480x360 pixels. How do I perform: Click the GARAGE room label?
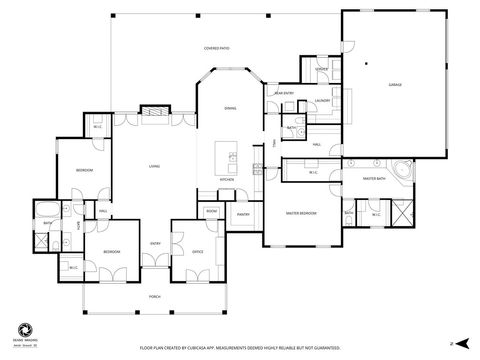395,86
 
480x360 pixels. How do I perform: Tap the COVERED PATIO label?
218,47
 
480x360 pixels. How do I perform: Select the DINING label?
230,107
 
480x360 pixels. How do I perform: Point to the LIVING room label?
154,166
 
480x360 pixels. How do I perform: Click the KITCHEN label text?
227,180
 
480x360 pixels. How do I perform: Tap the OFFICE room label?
197,251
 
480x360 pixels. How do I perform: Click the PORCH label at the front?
155,297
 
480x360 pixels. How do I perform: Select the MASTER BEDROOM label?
302,213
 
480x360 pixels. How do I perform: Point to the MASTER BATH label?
374,178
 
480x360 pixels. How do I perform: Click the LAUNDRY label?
322,101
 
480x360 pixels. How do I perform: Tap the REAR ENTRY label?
284,94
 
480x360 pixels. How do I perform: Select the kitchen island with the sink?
231,157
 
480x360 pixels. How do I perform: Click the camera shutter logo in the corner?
22,329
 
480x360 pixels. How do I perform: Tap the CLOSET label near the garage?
322,69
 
